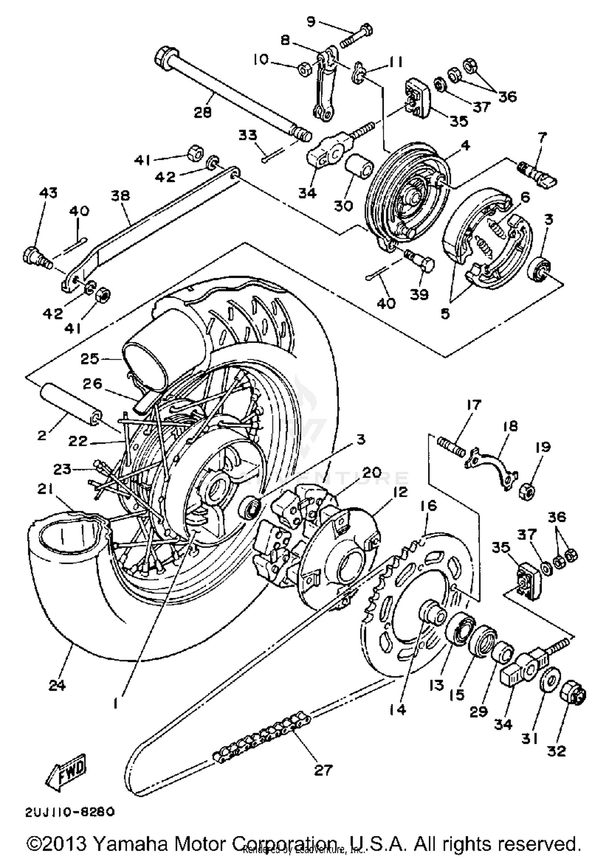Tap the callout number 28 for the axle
(202, 112)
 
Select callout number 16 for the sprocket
(429, 506)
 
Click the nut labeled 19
(527, 491)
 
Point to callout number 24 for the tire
(57, 685)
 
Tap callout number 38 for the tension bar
(121, 196)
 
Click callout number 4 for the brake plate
(465, 145)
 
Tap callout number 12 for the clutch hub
(400, 492)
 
